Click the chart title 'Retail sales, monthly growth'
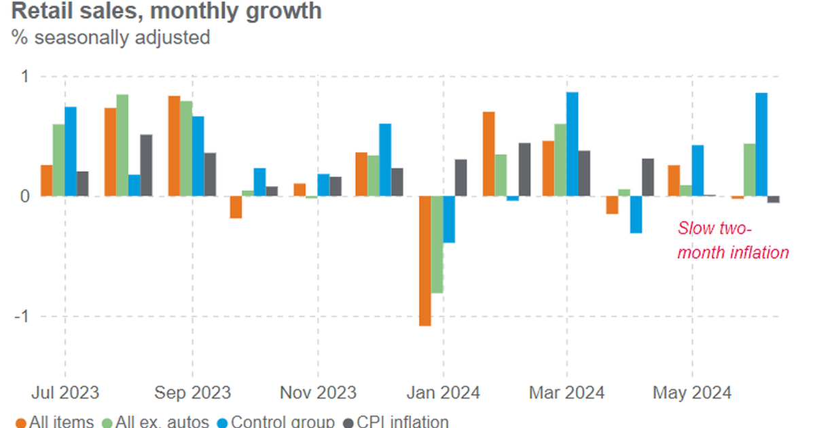166,12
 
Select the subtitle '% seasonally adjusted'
110,37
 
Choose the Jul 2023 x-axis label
65,393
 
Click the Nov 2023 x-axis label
318,393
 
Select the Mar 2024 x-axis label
567,393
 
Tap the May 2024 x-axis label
692,393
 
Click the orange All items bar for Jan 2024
425,261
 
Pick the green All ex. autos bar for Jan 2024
437,245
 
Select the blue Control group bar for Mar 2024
573,144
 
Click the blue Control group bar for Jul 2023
71,151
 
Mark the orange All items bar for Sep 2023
175,146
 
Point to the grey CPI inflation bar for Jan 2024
461,178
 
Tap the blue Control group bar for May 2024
698,171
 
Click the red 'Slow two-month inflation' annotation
733,240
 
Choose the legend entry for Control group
276,422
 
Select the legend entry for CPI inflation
397,422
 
